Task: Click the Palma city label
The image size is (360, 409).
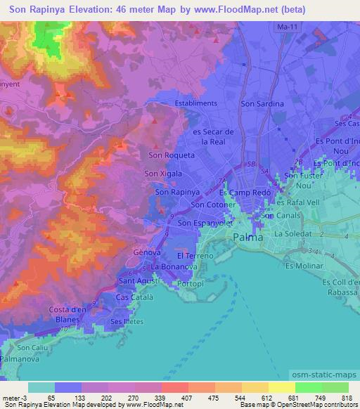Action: click(x=248, y=238)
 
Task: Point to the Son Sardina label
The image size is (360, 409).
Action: click(x=262, y=104)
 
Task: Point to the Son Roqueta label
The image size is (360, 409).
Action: click(x=167, y=156)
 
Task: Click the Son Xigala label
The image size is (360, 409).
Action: click(x=163, y=174)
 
